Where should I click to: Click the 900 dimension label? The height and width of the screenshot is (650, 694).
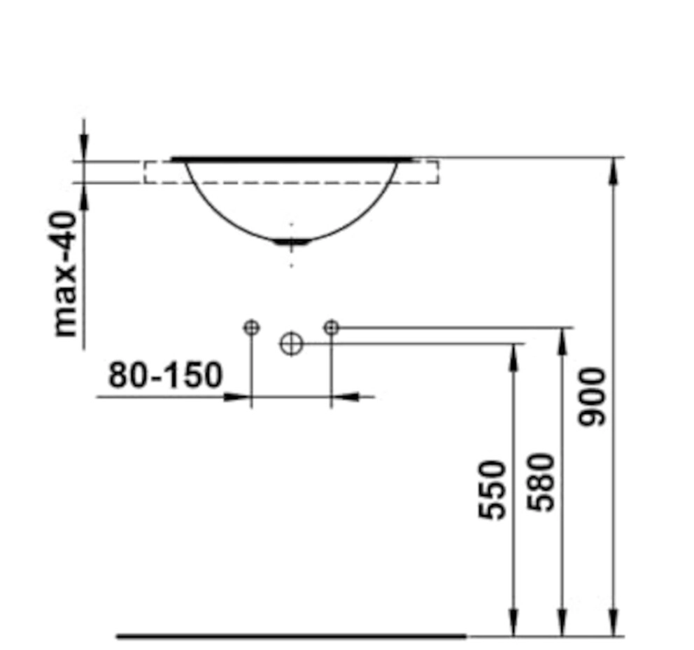[x=592, y=396]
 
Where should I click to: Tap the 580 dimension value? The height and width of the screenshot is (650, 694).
[x=541, y=482]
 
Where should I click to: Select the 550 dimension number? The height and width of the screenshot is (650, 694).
[x=493, y=490]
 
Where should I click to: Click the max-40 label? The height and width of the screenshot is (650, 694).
[x=64, y=274]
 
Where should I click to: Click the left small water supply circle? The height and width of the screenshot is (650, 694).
[x=251, y=328]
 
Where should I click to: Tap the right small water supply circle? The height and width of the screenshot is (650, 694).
[x=331, y=328]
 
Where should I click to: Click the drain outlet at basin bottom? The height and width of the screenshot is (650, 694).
[x=291, y=242]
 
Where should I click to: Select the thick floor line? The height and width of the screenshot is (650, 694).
[x=291, y=637]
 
